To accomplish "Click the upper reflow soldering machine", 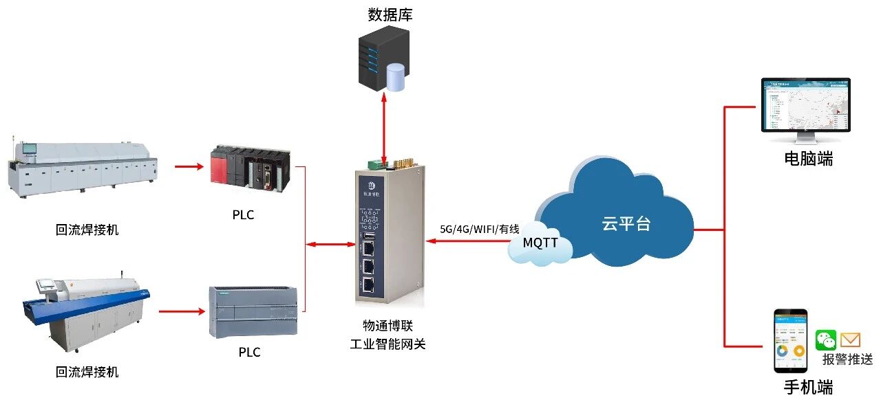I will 83,168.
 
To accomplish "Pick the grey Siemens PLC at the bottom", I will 253,311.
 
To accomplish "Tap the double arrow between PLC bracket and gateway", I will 331,244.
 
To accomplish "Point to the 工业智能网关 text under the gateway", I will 388,344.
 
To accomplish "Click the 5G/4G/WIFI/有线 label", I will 480,229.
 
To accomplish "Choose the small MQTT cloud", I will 540,244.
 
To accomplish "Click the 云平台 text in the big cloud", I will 626,223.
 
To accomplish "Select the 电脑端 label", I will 809,159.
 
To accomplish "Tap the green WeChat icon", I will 825,340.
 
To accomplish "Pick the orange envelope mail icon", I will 851,340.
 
